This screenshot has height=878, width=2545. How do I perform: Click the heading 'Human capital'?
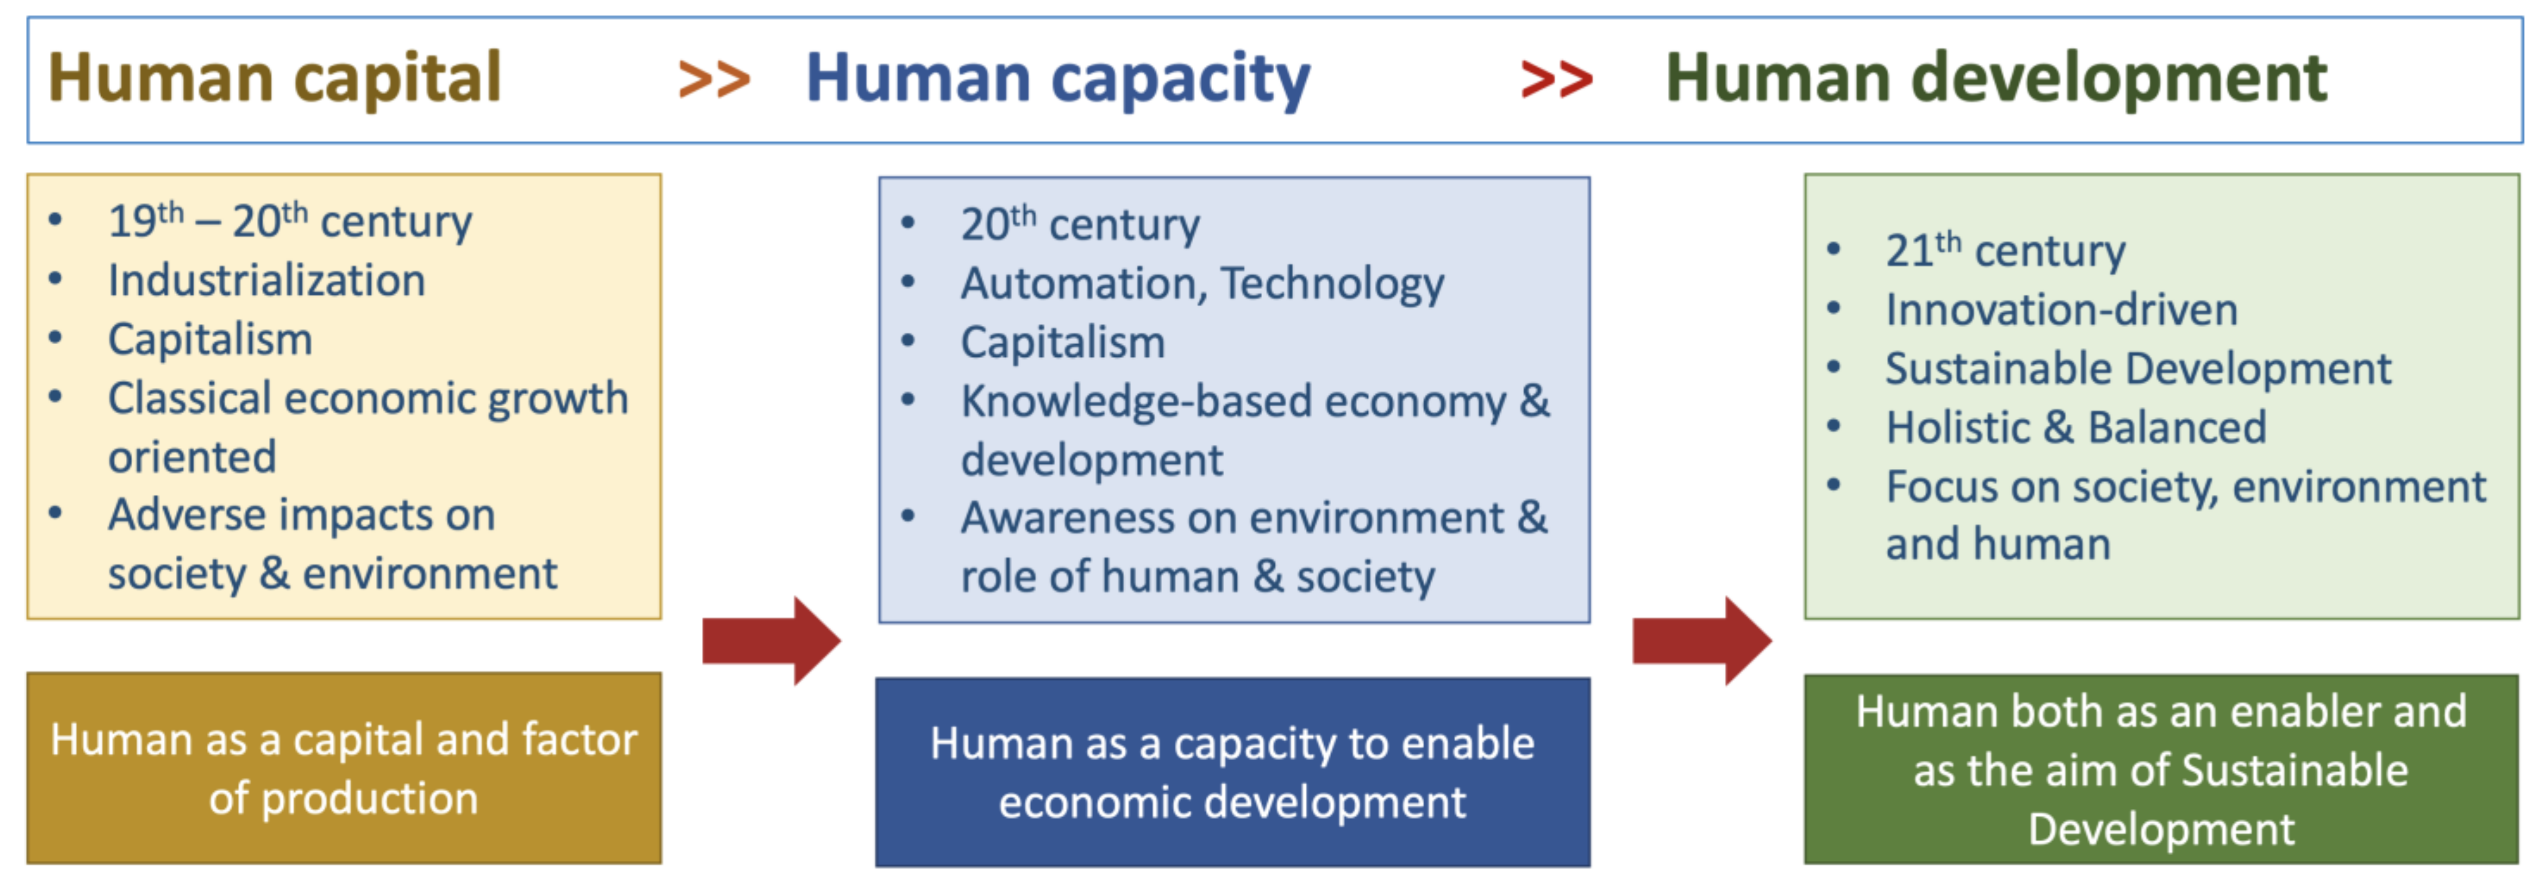click(275, 79)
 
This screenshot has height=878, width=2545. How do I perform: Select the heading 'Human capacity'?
click(1057, 79)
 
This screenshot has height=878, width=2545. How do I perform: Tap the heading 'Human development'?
click(1996, 79)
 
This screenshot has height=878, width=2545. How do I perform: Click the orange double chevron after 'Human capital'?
click(713, 79)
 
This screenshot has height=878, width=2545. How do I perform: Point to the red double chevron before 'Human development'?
click(1556, 79)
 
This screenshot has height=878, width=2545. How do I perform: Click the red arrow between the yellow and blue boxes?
click(771, 641)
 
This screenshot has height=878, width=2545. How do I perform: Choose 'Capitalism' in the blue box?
click(1063, 342)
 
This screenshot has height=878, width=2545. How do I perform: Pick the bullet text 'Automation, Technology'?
click(1202, 284)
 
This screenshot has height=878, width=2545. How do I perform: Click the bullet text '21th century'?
click(2005, 251)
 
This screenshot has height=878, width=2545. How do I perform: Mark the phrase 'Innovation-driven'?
click(2061, 310)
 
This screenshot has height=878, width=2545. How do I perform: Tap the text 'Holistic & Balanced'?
click(2076, 428)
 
